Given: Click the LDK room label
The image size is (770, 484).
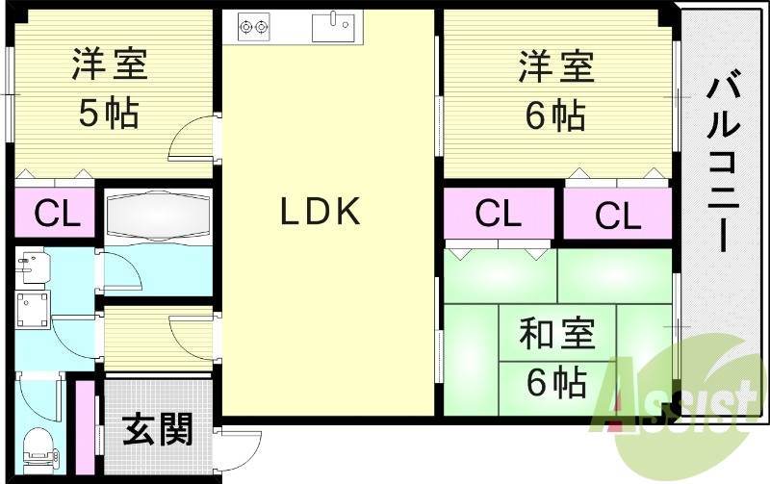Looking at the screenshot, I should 321,212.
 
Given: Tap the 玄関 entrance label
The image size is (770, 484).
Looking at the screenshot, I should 157,429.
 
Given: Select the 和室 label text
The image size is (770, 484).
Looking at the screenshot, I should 557,336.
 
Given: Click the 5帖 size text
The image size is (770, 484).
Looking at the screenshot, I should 108,114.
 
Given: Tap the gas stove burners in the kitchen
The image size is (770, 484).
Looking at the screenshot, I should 253,26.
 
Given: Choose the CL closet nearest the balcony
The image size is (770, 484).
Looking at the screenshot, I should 617,215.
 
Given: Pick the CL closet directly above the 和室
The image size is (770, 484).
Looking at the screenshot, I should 498,214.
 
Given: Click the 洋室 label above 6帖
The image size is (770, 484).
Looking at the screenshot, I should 556,66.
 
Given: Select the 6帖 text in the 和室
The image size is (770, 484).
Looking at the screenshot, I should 556,383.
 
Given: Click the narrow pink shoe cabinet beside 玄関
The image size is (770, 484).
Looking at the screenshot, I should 84,429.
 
